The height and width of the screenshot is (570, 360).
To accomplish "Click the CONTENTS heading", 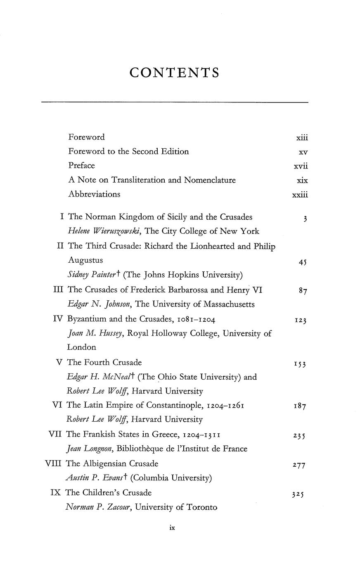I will coord(174,73).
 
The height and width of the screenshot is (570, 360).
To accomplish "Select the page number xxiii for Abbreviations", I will coord(300,195).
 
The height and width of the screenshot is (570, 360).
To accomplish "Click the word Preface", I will coord(82,166).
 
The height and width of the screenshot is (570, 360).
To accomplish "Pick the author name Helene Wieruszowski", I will coord(104,231).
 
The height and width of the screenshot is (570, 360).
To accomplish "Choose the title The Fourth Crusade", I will coord(104,362).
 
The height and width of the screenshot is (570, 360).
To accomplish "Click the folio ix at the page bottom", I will coord(173,527).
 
